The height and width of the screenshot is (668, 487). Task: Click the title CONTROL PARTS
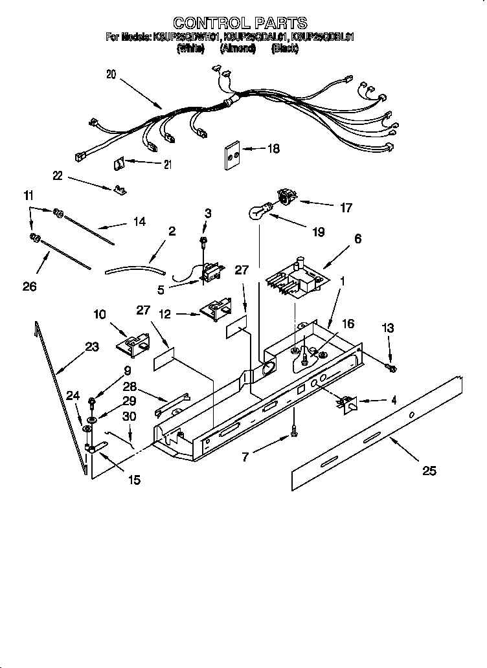click(x=240, y=24)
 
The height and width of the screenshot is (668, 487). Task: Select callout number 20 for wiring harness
click(x=111, y=74)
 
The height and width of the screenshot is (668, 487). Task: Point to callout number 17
click(x=346, y=208)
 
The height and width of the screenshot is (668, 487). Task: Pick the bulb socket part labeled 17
click(x=285, y=195)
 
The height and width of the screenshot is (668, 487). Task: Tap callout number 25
click(x=428, y=471)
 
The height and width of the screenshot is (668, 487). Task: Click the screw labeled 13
click(x=392, y=368)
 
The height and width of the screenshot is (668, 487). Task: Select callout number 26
click(x=30, y=285)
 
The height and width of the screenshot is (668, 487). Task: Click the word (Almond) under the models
click(x=238, y=48)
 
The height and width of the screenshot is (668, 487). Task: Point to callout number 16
click(x=348, y=323)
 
